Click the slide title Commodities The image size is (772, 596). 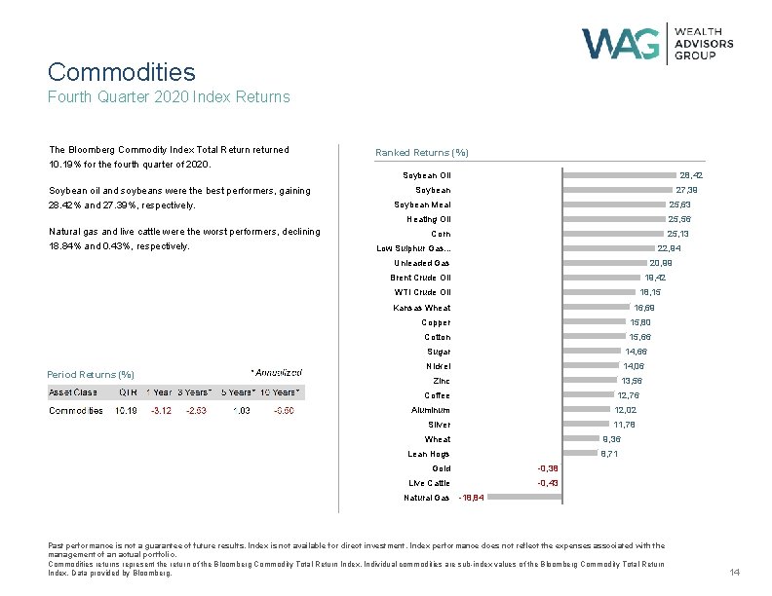click(x=121, y=72)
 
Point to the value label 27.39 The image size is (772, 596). click(x=686, y=190)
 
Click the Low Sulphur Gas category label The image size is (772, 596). click(x=413, y=248)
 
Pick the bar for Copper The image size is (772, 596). click(x=594, y=322)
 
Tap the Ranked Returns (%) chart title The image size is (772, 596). click(x=422, y=152)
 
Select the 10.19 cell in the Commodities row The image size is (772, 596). click(x=126, y=410)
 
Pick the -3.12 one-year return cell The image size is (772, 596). click(x=159, y=410)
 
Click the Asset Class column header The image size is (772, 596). click(x=73, y=391)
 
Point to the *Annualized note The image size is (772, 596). click(x=276, y=372)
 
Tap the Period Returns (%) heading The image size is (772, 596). click(x=91, y=375)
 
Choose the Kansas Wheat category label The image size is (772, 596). click(x=422, y=308)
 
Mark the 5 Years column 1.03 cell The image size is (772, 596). click(x=241, y=410)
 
